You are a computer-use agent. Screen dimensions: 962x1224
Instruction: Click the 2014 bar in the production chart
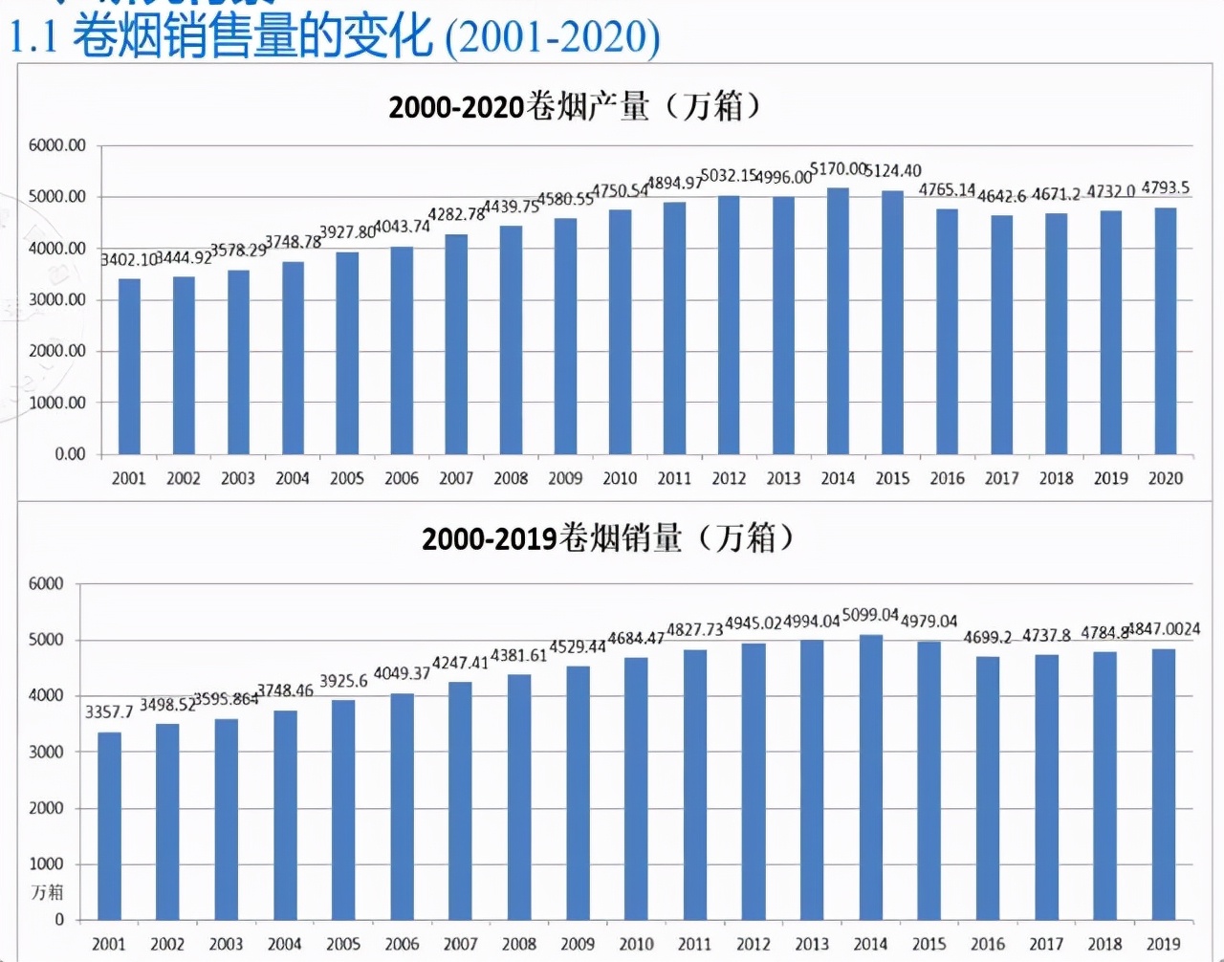pos(838,320)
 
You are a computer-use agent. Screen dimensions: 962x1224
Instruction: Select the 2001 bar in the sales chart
pos(109,826)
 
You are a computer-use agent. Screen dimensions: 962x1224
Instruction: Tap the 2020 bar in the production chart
pos(1166,331)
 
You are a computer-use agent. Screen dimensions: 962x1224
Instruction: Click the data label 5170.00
pos(838,169)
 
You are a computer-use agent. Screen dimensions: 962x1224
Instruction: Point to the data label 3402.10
pos(128,259)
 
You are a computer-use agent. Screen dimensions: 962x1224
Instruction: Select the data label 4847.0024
pos(1164,629)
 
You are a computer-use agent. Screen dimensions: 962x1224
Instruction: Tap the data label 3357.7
pos(109,711)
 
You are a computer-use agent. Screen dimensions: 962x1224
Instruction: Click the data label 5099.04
pos(870,615)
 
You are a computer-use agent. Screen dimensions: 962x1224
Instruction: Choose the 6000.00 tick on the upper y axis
pos(57,145)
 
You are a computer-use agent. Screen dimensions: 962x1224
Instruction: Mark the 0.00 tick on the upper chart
pos(70,454)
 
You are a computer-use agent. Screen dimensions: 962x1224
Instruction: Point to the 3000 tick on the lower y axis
pos(46,752)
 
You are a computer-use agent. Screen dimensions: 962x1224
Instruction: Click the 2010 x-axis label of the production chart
pos(620,478)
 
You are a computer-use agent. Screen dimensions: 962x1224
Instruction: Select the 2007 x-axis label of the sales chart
pos(460,944)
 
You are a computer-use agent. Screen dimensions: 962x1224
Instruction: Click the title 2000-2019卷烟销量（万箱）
pos(608,538)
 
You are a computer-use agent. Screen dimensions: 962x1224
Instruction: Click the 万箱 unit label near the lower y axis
pos(47,892)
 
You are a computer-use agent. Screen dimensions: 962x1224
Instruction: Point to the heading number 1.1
pos(33,36)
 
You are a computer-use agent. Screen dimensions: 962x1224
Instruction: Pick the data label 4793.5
pos(1166,187)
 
